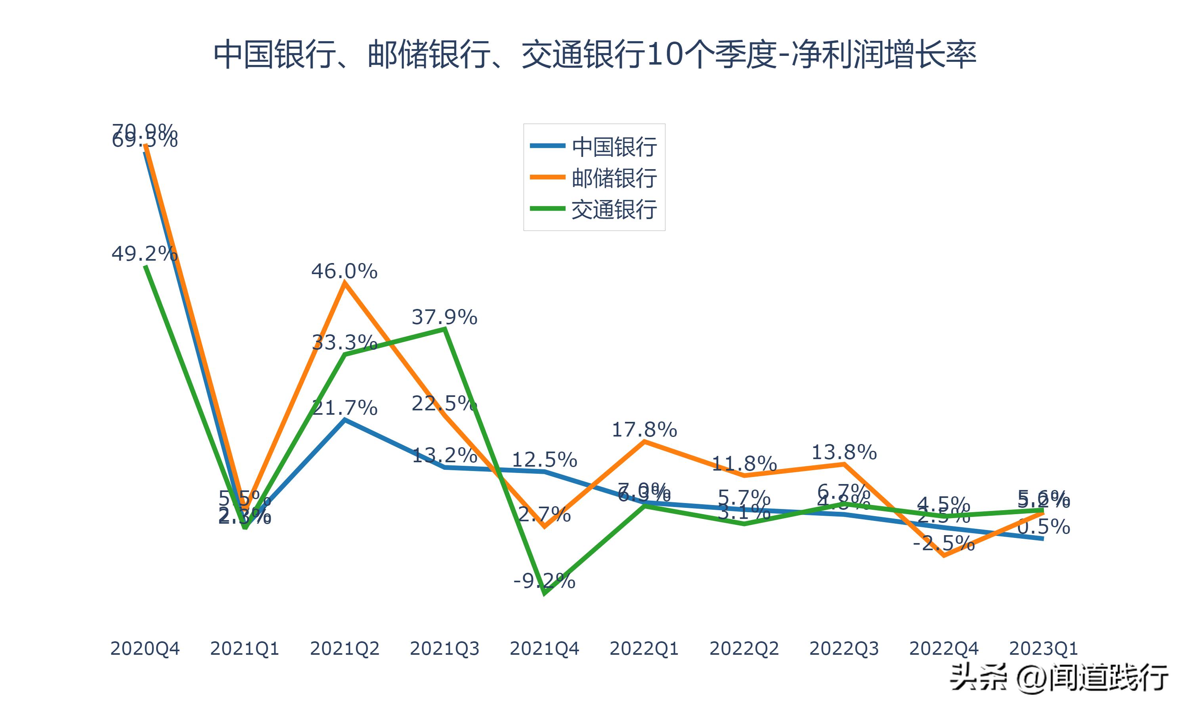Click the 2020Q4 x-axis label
145,648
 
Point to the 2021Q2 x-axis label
344,648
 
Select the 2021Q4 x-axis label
544,648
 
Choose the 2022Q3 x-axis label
844,648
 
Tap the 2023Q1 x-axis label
1044,648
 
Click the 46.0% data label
344,271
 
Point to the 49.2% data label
144,253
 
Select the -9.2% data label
544,581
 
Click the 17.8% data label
644,429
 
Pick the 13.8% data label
844,452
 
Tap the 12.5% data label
544,460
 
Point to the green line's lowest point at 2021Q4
545,594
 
